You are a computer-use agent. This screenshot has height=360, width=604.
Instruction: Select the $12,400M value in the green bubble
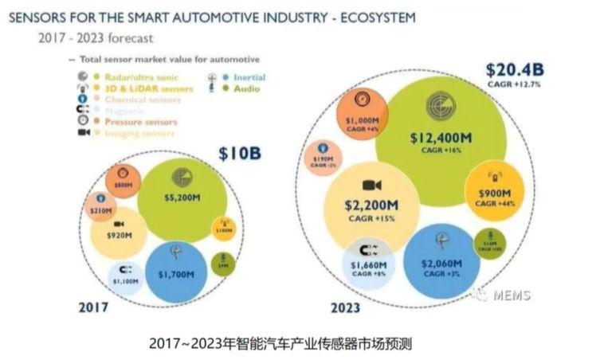(441, 138)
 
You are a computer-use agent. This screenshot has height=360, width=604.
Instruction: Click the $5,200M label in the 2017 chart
(181, 197)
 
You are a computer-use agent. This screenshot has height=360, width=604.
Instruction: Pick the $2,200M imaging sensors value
(371, 205)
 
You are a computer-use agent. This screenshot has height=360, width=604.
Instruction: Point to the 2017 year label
(93, 307)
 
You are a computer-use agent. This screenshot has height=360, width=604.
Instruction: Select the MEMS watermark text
(511, 296)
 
